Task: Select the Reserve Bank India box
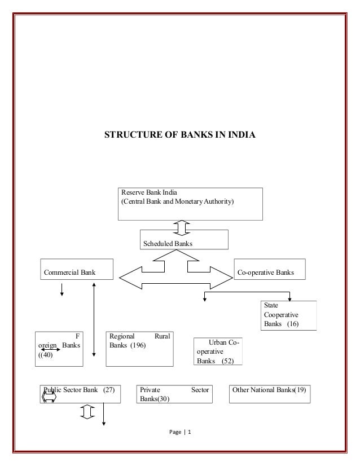point(190,204)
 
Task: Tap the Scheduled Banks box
point(183,240)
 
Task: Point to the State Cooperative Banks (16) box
point(288,315)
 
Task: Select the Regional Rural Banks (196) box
point(140,349)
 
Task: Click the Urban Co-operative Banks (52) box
point(218,351)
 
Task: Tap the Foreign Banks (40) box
point(58,349)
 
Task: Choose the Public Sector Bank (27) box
point(81,394)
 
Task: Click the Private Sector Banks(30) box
point(174,394)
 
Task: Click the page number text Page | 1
point(180,433)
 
